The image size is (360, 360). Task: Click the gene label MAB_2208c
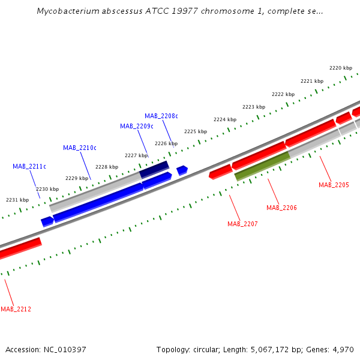(x=161, y=116)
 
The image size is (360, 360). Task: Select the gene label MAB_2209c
(x=136, y=126)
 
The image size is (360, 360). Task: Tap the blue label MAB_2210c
(x=79, y=148)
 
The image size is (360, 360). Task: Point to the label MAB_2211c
(x=29, y=166)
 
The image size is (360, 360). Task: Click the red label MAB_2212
(x=16, y=309)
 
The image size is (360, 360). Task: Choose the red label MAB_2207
(x=242, y=224)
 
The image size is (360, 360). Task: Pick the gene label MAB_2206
(x=281, y=208)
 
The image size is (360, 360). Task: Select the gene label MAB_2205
(x=334, y=185)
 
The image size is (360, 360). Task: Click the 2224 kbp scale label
(x=224, y=119)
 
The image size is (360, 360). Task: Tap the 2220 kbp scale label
(x=340, y=68)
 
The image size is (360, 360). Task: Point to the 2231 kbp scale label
(x=17, y=200)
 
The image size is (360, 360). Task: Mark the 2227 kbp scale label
(x=136, y=155)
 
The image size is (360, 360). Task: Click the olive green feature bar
(x=262, y=166)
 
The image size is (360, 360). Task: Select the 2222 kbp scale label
(x=283, y=94)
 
